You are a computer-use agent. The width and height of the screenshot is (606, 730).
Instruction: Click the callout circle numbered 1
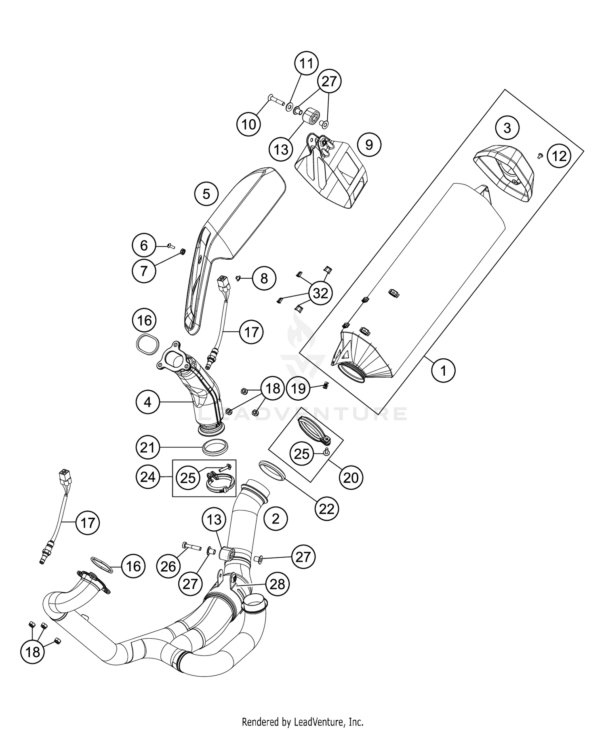pos(443,370)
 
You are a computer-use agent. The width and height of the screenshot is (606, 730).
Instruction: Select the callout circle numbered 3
pos(507,128)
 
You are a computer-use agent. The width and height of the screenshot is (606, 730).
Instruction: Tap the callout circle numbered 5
pos(206,195)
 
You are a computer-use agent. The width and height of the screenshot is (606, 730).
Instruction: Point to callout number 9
pos(369,145)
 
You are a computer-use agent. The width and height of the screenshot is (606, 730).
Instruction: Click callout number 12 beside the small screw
pos(559,156)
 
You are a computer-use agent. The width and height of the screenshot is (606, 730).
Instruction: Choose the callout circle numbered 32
pos(320,293)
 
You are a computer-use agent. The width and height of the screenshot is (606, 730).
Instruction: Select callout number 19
pos(299,389)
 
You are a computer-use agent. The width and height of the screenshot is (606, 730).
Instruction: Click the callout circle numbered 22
pos(326,509)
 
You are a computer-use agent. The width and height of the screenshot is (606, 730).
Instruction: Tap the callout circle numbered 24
pos(147,477)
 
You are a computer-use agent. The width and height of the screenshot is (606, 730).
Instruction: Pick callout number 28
pos(278,584)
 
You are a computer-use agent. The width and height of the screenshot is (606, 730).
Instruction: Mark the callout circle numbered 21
pos(147,448)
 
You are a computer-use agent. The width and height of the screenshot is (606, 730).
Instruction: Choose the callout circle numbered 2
pos(276,519)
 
